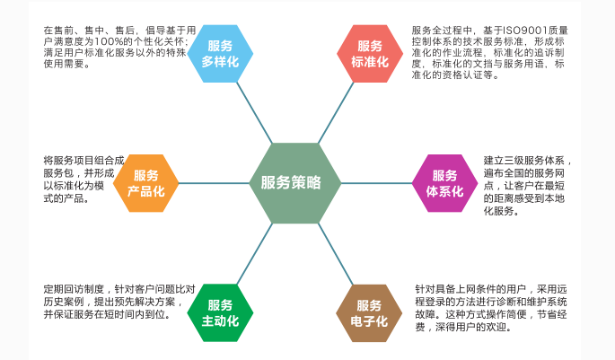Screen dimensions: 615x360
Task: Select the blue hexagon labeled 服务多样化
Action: click(x=220, y=54)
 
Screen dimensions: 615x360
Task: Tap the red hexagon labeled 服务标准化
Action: click(x=370, y=54)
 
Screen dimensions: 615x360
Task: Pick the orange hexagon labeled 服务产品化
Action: click(x=146, y=183)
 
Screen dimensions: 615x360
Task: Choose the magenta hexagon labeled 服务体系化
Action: click(x=444, y=183)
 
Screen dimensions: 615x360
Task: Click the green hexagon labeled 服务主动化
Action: click(x=220, y=313)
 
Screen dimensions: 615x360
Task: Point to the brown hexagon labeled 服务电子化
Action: click(x=369, y=313)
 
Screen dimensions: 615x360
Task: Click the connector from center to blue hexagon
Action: click(x=254, y=113)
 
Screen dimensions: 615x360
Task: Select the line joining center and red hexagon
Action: click(x=336, y=113)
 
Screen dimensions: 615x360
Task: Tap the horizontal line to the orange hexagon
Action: click(x=214, y=183)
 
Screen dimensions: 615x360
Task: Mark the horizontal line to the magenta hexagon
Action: click(x=376, y=183)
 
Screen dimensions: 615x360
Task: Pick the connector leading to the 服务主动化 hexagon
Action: click(x=255, y=254)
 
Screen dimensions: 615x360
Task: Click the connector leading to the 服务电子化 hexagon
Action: click(x=336, y=254)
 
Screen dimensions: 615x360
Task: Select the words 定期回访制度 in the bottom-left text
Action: click(x=74, y=289)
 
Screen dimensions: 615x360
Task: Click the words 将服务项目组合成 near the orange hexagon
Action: click(x=83, y=161)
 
